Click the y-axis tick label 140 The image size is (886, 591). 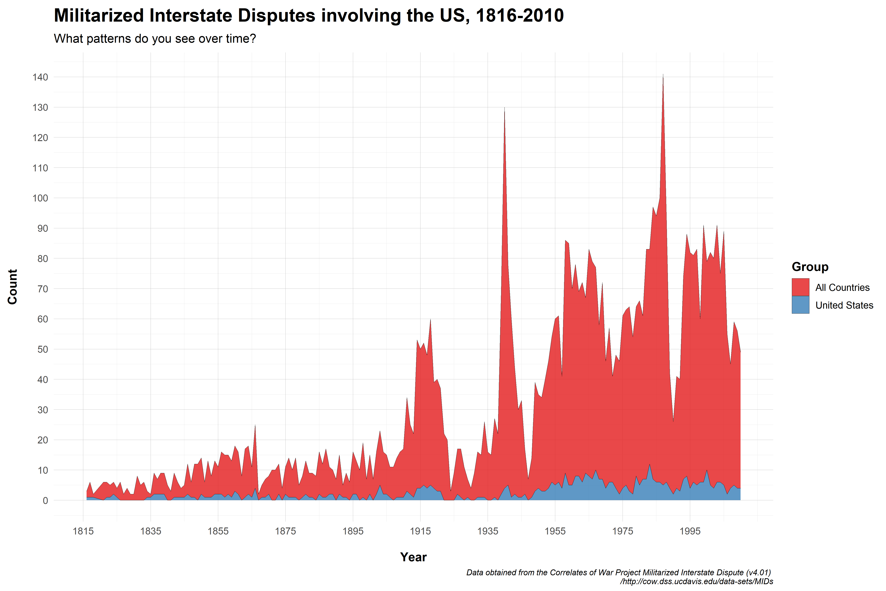[40, 77]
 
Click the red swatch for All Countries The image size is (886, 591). [801, 287]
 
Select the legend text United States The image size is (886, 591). [844, 305]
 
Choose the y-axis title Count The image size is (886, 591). [12, 287]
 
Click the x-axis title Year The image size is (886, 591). [413, 557]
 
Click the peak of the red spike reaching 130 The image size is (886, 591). [504, 107]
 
